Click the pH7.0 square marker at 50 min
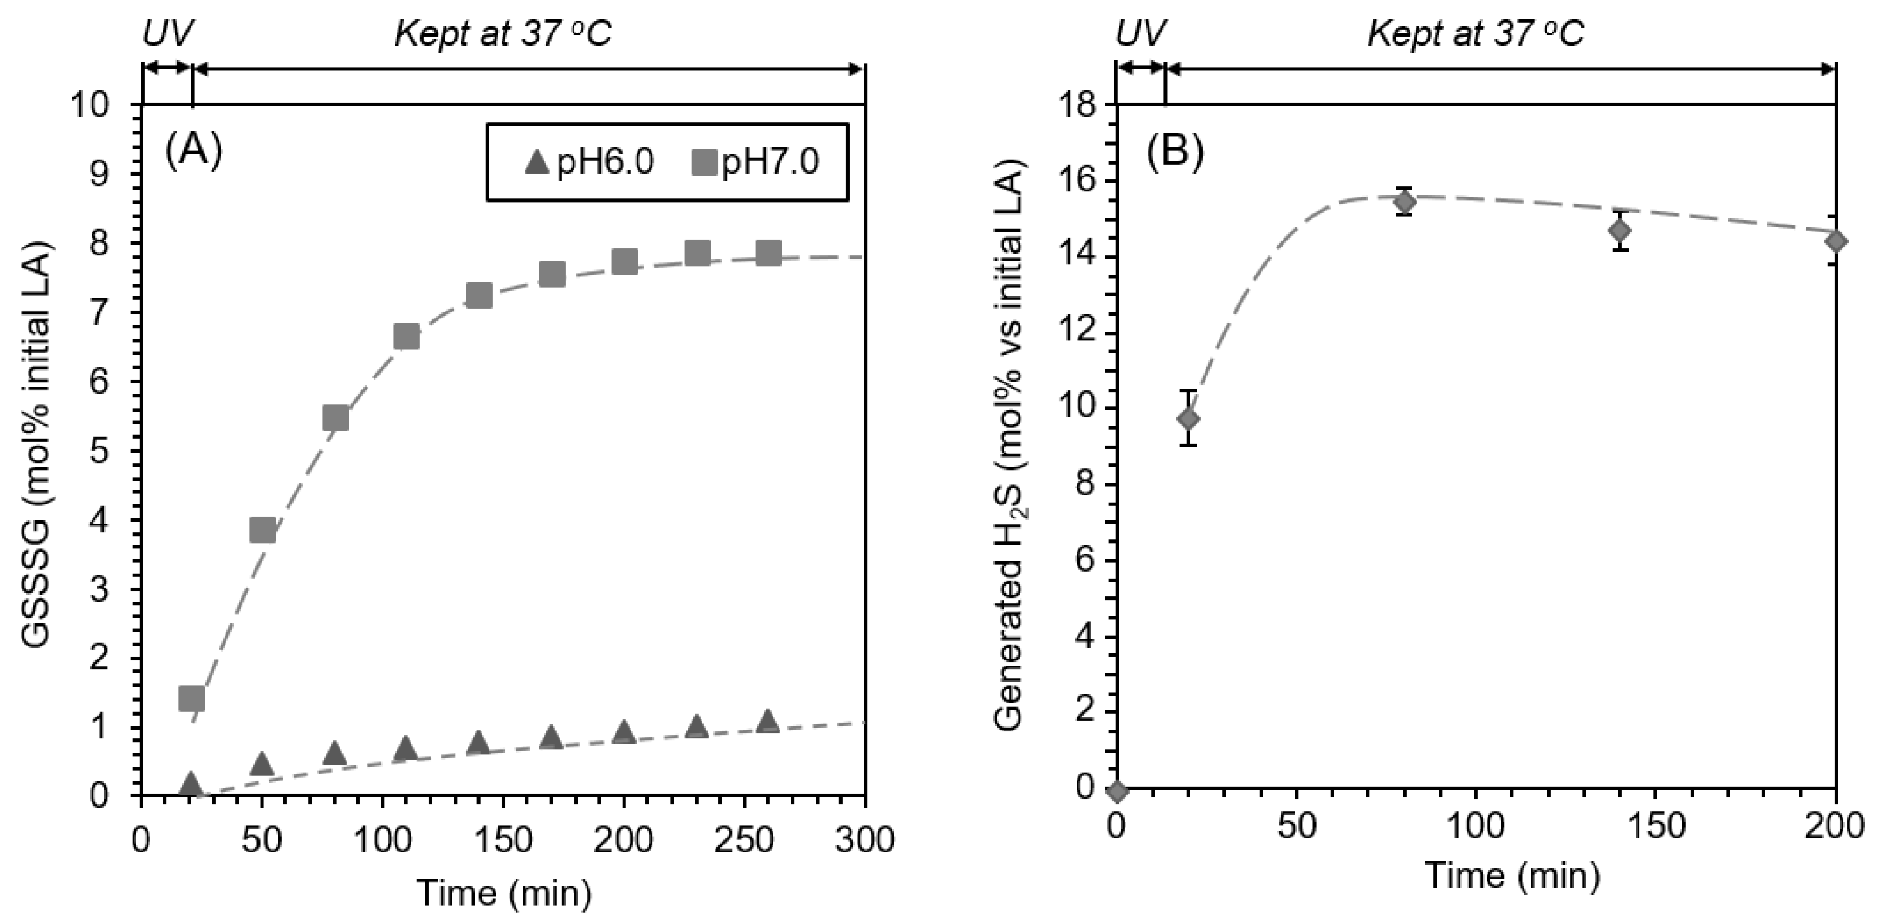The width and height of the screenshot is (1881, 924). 263,530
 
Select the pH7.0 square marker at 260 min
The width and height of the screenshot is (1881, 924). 768,254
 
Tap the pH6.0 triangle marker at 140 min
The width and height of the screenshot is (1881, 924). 478,743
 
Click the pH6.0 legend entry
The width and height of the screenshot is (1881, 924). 590,162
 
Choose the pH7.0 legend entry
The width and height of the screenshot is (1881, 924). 756,162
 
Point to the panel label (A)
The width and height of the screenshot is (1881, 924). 194,151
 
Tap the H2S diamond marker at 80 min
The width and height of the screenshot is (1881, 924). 1404,201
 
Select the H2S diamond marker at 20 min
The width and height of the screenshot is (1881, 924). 1189,419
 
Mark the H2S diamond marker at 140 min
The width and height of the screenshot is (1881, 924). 1619,231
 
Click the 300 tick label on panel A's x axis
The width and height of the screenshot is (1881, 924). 865,841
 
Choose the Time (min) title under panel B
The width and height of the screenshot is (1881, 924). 1512,876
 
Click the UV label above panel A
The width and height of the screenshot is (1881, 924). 168,33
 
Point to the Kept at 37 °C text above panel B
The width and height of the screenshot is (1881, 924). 1475,33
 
